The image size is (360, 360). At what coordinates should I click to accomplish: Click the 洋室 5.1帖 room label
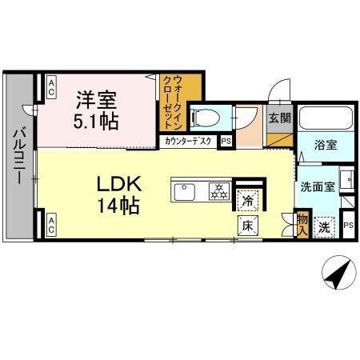pyautogui.click(x=97, y=111)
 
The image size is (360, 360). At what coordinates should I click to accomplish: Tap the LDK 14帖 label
pyautogui.click(x=118, y=194)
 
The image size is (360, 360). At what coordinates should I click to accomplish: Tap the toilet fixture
pyautogui.click(x=205, y=117)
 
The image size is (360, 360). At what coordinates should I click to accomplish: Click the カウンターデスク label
pyautogui.click(x=189, y=142)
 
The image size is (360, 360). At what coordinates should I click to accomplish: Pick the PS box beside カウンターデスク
pyautogui.click(x=226, y=142)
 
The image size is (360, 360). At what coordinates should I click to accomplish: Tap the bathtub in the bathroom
pyautogui.click(x=325, y=119)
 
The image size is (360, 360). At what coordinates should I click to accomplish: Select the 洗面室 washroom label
pyautogui.click(x=317, y=188)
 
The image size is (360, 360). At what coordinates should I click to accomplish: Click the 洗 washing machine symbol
pyautogui.click(x=323, y=226)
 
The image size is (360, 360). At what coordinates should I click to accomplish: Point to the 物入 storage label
pyautogui.click(x=302, y=223)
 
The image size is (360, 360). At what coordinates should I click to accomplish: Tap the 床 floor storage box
pyautogui.click(x=248, y=226)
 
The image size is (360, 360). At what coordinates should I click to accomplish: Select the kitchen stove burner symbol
pyautogui.click(x=218, y=191)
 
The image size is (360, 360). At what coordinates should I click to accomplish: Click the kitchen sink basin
pyautogui.click(x=186, y=191)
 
